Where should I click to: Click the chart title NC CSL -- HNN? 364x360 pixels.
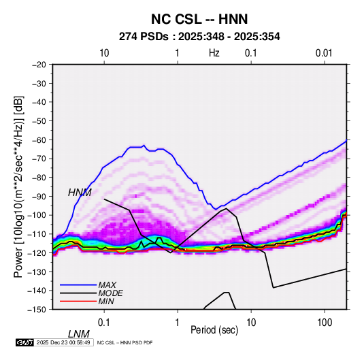pos(199,19)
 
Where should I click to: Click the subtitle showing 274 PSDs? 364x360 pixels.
pos(199,37)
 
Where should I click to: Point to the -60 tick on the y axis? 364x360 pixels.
pos(39,140)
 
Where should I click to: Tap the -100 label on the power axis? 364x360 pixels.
pos(37,215)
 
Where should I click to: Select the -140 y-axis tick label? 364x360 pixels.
pos(37,291)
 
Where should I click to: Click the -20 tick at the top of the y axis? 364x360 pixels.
pos(39,65)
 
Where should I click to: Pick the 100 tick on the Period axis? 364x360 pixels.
pos(325,323)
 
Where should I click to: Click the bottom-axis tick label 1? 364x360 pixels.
pos(178,323)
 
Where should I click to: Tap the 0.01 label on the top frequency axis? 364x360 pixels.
pos(324,53)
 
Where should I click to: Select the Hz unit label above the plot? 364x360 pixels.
pos(214,53)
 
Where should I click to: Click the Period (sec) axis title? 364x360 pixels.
pos(214,330)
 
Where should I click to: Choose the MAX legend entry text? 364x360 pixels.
pos(107,285)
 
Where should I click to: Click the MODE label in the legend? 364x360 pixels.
pos(110,293)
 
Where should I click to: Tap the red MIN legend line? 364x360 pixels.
pos(78,301)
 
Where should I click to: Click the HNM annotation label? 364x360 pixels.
pos(80,193)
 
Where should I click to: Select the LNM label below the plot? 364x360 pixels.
pos(79,334)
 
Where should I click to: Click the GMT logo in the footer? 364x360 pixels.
pos(25,342)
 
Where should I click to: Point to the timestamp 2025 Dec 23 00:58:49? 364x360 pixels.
pos(63,342)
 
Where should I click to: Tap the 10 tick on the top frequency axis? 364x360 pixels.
pos(104,53)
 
